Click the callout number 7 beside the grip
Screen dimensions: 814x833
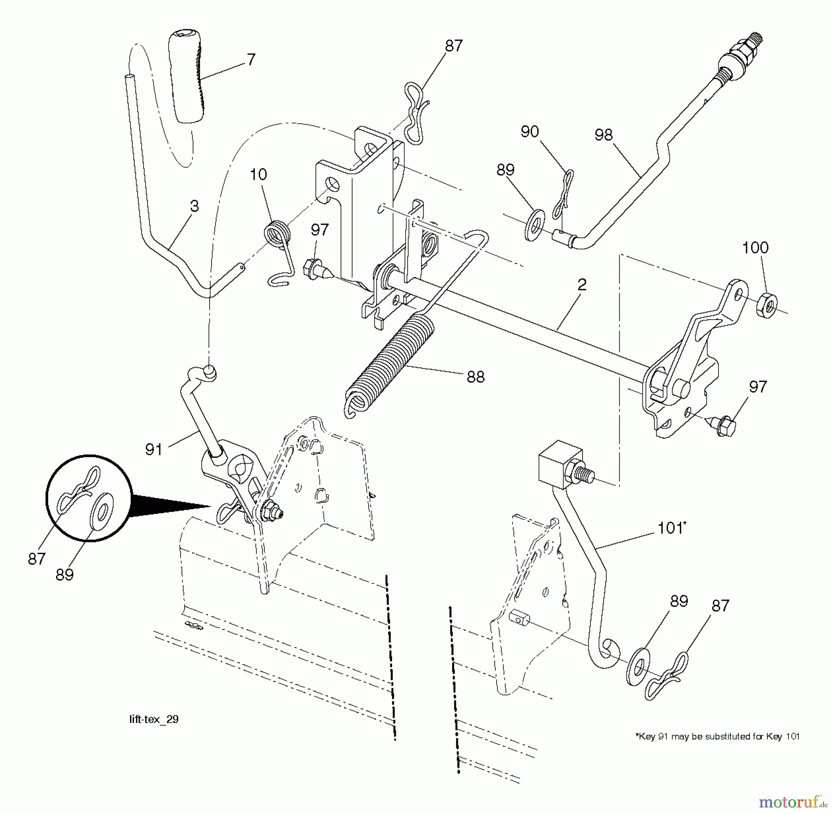251,60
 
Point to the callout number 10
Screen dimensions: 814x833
258,175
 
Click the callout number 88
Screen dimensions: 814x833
475,377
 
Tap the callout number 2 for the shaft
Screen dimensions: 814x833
582,285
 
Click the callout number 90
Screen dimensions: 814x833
530,132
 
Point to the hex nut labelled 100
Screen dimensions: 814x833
767,305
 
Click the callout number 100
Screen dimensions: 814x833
755,248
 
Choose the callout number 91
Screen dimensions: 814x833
154,450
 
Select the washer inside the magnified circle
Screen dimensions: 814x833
104,512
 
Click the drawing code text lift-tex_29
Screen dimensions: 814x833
154,719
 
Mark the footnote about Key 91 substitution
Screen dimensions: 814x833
717,736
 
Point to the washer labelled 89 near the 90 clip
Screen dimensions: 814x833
535,225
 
